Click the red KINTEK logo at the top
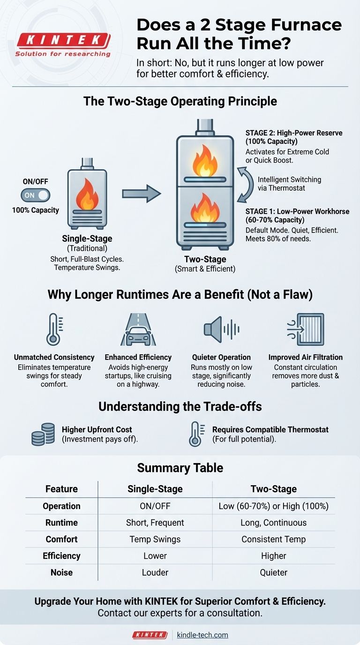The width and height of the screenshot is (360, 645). point(63,41)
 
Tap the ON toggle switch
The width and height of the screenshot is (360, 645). point(35,195)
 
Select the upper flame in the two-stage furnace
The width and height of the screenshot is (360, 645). point(205,162)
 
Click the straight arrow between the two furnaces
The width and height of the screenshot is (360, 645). point(141,194)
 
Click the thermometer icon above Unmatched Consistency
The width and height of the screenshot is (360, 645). point(53,329)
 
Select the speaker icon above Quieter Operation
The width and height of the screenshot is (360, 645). point(221,329)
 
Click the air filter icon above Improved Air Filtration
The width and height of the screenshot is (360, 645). point(306,329)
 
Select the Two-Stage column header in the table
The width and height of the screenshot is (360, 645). point(273,489)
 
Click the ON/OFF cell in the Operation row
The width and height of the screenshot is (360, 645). point(155,506)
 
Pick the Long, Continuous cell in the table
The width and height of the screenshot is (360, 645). point(273,523)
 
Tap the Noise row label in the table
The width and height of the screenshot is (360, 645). point(61,572)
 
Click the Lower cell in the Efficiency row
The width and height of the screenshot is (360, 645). point(155,556)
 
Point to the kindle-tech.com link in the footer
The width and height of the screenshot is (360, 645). point(202,635)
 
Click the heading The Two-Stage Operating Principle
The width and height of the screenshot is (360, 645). point(180,101)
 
